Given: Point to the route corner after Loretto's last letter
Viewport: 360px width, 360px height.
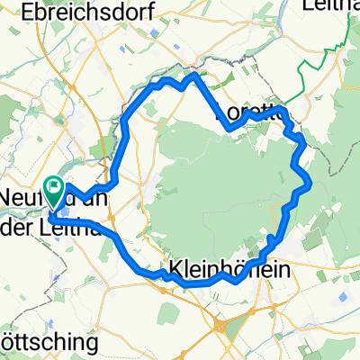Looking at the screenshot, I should [284, 111].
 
